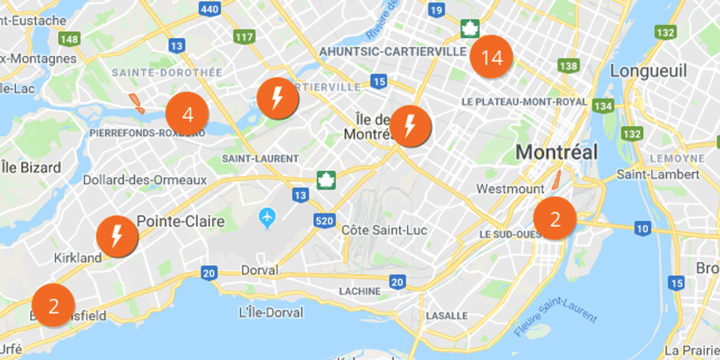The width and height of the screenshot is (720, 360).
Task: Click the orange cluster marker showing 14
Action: (491, 58)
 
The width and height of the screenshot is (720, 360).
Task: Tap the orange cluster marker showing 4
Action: (187, 114)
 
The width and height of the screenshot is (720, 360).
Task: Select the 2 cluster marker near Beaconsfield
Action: (53, 305)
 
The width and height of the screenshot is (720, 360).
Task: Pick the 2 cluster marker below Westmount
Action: (555, 219)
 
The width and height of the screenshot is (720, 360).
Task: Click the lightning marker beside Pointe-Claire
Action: (117, 237)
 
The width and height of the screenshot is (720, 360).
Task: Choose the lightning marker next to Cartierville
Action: (277, 98)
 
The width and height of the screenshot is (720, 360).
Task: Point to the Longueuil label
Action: (648, 71)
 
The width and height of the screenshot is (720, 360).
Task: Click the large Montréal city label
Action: (557, 152)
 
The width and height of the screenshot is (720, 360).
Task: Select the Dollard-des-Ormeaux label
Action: (145, 180)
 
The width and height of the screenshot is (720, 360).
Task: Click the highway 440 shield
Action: (210, 8)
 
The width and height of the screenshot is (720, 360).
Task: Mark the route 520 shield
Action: (323, 221)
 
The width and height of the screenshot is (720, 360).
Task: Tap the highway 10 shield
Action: (643, 228)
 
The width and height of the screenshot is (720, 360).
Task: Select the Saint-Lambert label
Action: (658, 175)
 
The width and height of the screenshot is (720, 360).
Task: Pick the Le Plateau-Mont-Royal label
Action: (524, 102)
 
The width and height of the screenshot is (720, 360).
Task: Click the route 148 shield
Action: (70, 39)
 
